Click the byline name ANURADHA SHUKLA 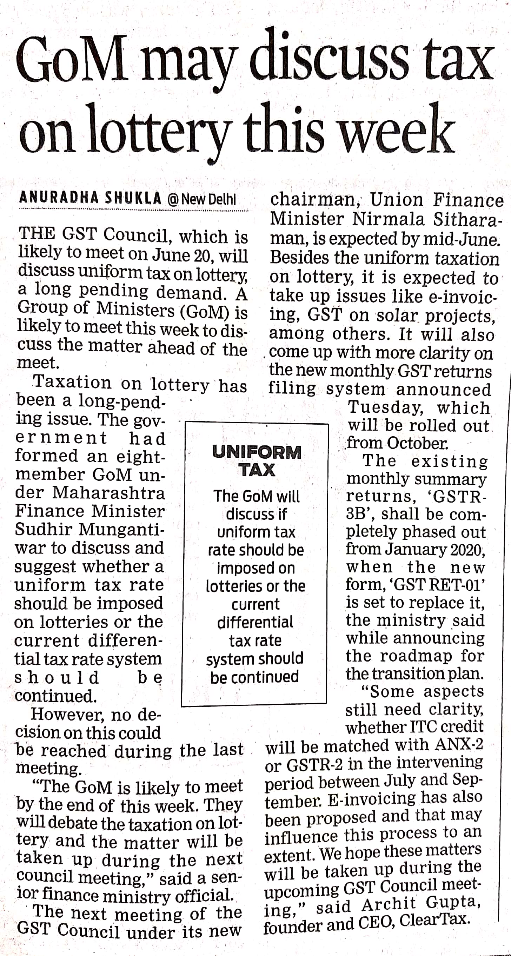coord(91,199)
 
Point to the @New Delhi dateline coord(202,199)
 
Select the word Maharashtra coord(108,493)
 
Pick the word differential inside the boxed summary coord(255,622)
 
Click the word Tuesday coord(386,407)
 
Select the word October coord(417,443)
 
